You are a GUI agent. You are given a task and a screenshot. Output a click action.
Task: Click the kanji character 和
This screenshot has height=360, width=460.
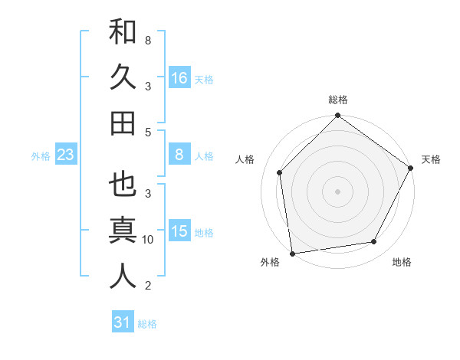[123, 33]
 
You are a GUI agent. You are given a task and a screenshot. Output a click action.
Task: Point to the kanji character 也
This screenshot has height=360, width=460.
[123, 185]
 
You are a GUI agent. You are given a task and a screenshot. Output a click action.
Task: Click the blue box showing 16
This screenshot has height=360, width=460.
[179, 78]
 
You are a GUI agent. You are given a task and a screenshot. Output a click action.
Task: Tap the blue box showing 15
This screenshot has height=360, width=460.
[179, 231]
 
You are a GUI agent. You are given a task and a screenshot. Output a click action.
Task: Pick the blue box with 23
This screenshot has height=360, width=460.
[66, 155]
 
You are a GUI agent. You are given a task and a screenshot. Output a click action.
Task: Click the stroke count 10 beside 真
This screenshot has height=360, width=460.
[148, 240]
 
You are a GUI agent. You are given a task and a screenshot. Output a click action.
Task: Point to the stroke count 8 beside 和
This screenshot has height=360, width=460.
[147, 40]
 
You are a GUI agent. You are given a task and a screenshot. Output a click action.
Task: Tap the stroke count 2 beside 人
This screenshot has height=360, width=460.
[147, 286]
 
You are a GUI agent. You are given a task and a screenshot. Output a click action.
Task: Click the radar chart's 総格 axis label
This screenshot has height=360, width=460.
[337, 100]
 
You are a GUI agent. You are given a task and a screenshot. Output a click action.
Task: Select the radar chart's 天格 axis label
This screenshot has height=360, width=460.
[431, 159]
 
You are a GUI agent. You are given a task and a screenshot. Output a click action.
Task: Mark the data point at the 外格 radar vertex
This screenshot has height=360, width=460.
[292, 253]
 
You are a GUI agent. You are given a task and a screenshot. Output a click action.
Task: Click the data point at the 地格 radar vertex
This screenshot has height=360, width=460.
[374, 242]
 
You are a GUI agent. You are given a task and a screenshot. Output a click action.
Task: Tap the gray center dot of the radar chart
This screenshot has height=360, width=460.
[337, 191]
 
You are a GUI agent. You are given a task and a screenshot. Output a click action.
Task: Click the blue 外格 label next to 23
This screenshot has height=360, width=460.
[41, 156]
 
